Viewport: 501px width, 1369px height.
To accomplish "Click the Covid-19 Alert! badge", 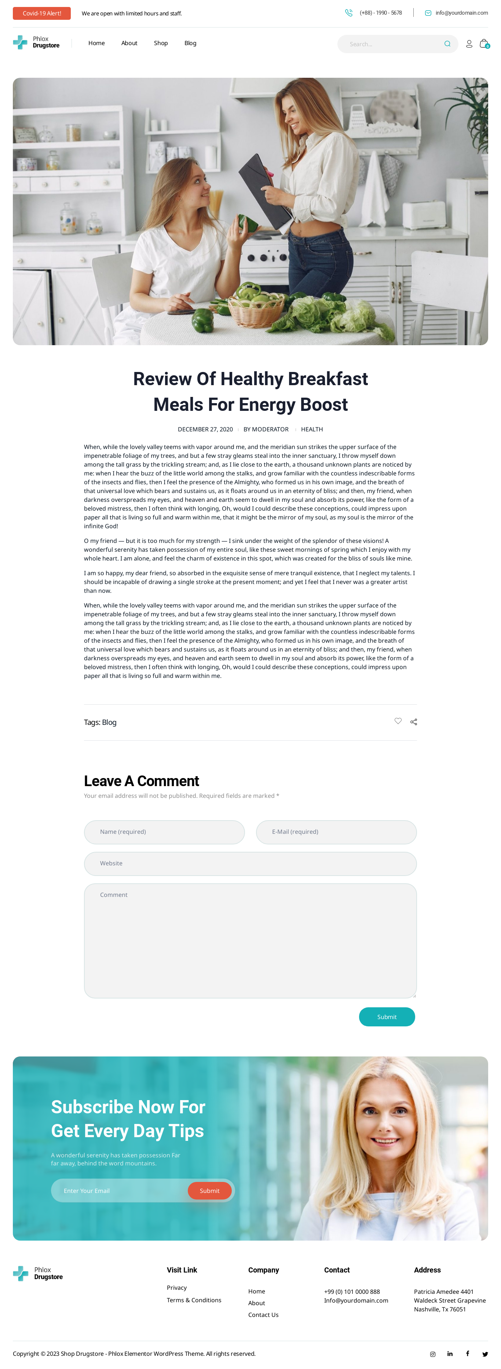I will point(41,13).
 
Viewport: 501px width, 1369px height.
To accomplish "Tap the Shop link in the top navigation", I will point(160,43).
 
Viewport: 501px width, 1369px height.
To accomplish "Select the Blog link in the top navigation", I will point(190,43).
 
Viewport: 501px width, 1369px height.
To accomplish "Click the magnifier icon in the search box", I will point(447,44).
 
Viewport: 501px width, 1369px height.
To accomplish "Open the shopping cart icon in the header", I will point(483,44).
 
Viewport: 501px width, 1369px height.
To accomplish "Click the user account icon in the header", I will point(469,44).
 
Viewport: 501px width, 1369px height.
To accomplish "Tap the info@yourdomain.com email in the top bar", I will point(461,13).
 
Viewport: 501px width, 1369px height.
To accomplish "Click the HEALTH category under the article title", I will point(312,430).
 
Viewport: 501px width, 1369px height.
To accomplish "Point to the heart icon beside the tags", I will point(398,721).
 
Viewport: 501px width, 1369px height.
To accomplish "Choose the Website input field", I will point(250,864).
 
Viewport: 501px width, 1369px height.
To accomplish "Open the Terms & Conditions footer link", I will point(194,1300).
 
